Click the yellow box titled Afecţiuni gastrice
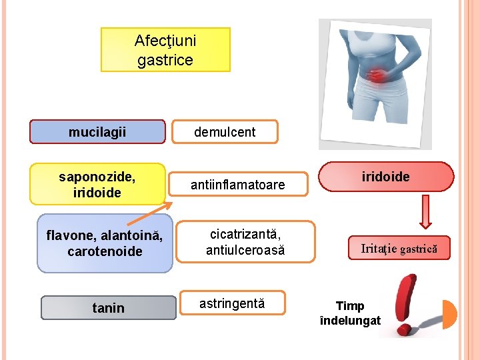165,49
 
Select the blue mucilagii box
97,132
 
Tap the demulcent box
225,132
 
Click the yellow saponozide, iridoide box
97,184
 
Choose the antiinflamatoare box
238,184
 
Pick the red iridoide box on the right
386,177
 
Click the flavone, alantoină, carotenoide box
105,243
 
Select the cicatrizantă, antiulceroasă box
245,242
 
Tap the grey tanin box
108,307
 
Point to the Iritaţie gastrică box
399,249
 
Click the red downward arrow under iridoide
425,215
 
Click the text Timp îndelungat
350,313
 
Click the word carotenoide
105,251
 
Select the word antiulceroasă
245,250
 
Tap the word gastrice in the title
165,60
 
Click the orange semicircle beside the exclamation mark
450,314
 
